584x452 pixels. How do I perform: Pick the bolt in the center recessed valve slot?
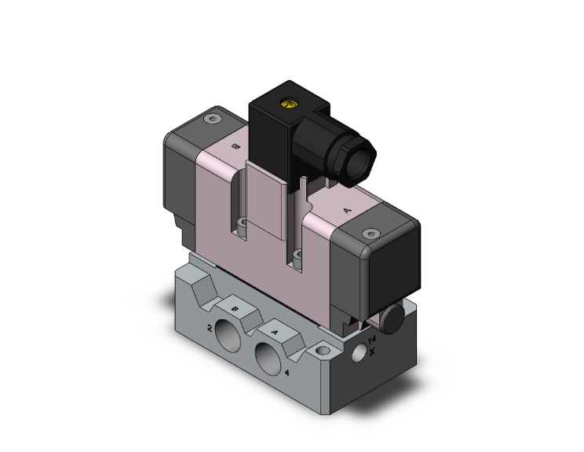tap(296, 255)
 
